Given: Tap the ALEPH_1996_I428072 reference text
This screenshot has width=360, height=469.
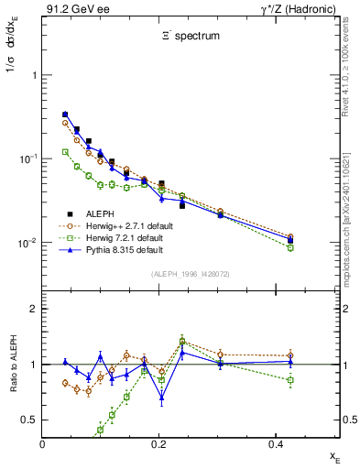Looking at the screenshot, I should point(189,274).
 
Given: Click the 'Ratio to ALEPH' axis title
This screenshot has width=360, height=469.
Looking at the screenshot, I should point(13,365).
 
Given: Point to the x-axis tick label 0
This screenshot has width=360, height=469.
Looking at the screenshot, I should point(44,445).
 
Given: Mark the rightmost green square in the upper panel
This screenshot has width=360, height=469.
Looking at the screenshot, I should point(290,247).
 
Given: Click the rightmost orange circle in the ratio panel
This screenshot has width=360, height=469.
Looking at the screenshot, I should point(290,355).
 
